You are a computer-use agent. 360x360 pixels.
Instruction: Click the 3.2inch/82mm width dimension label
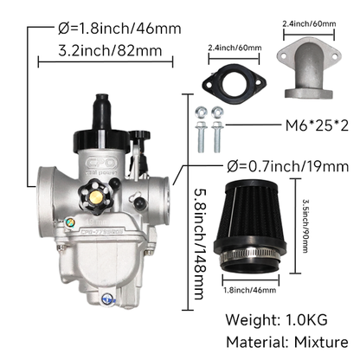click(110, 51)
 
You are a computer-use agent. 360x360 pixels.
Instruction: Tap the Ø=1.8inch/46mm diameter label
click(119, 29)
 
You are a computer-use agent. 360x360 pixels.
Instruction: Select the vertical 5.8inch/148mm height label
click(201, 245)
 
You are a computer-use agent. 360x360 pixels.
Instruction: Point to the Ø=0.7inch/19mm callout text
click(287, 166)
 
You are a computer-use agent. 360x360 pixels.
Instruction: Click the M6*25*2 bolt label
click(317, 125)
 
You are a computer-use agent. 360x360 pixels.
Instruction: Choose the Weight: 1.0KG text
click(276, 320)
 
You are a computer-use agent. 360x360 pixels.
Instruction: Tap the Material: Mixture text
click(287, 343)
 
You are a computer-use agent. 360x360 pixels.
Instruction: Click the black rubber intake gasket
click(234, 83)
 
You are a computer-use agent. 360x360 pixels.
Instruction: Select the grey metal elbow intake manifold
click(308, 67)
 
